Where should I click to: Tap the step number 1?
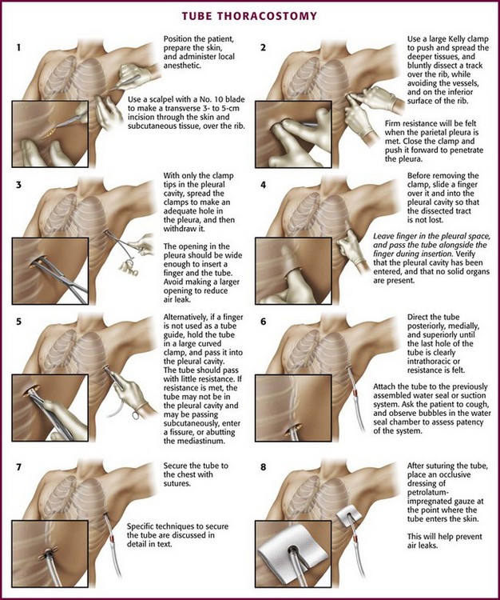18,48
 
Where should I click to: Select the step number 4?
263,185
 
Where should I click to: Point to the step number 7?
18,467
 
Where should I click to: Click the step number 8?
263,467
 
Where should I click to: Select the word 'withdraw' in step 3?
179,229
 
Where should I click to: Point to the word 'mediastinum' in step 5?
204,441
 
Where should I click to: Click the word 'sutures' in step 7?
177,484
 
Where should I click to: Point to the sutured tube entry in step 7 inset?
50,553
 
